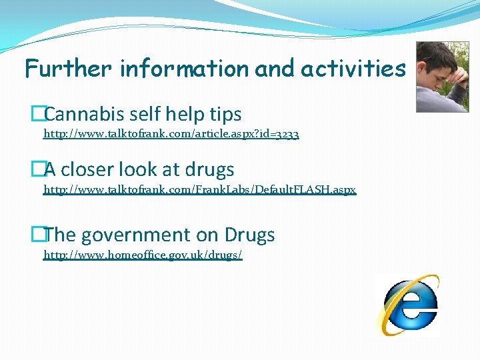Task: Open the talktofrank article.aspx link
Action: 171,134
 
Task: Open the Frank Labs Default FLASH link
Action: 200,189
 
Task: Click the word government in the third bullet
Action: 152,235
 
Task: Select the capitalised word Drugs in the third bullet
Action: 249,235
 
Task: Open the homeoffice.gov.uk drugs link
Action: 143,255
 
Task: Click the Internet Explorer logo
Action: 407,305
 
